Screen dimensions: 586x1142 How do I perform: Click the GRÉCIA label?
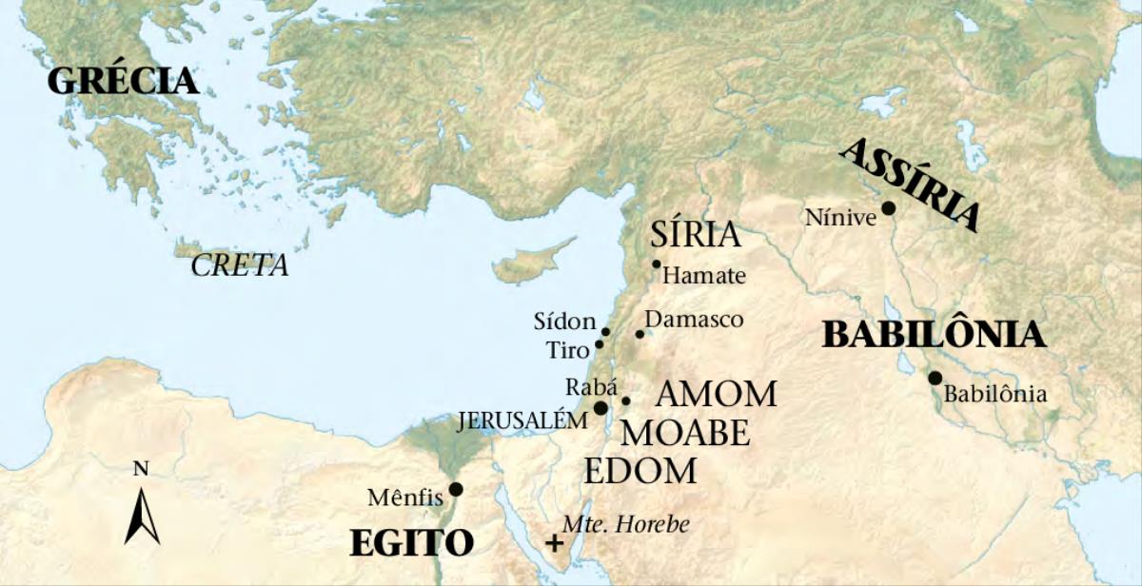123,81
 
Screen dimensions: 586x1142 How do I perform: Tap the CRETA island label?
239,266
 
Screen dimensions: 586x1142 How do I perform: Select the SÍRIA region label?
696,234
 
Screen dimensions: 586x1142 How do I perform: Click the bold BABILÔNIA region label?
934,335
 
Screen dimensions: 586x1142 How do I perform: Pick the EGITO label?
411,543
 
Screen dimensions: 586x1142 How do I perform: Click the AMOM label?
717,393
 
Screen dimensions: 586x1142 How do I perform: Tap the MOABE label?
685,433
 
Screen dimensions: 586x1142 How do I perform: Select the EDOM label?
640,471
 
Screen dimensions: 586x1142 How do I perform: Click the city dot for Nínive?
888,207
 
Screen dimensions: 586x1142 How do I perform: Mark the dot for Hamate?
656,264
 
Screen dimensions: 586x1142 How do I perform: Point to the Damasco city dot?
640,334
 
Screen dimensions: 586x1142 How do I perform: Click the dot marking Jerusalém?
601,407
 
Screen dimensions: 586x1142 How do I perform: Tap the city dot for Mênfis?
456,489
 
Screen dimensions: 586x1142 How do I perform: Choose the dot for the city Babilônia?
935,378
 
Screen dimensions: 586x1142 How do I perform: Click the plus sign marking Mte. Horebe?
554,543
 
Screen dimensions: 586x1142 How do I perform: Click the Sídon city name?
564,322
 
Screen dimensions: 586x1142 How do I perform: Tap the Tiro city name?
568,350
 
